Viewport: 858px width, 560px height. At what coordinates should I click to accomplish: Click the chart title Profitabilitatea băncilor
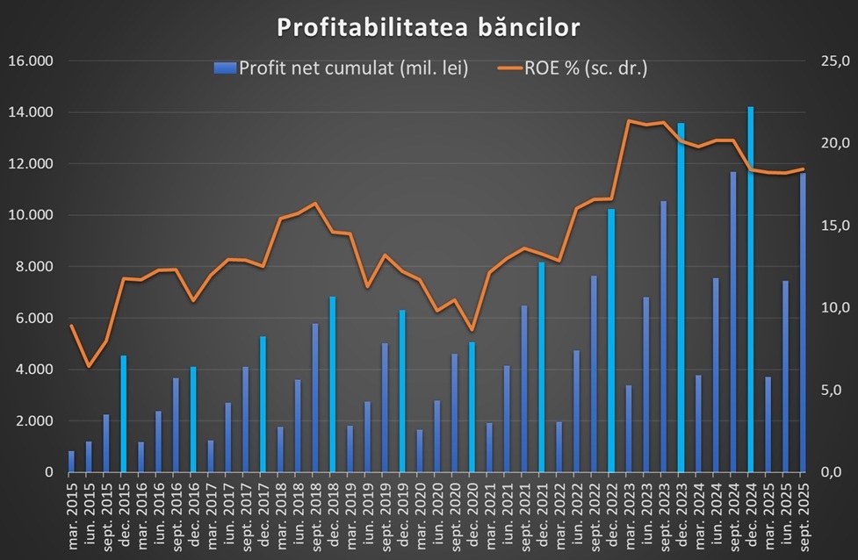(x=429, y=27)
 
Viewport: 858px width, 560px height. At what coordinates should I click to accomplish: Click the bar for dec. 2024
(x=751, y=290)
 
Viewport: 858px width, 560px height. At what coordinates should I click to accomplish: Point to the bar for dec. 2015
(x=124, y=413)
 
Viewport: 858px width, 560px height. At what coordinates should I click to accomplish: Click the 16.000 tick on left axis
(x=30, y=61)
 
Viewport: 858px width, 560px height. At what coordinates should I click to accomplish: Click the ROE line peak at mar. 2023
(x=629, y=121)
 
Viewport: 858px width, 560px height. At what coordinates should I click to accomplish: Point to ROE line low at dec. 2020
(x=472, y=330)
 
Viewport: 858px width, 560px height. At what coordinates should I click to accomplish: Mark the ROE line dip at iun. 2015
(x=89, y=366)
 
